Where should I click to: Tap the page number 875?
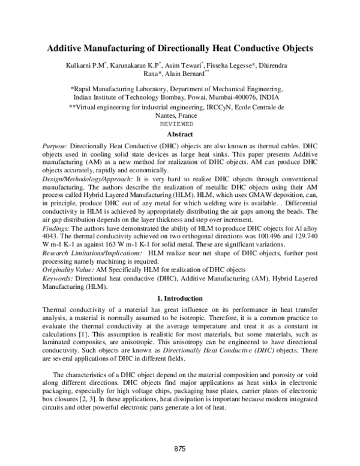tap(180, 449)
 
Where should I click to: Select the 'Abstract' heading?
tap(179, 135)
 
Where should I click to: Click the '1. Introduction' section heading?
tap(179, 298)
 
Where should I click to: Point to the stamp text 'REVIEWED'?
tap(179, 124)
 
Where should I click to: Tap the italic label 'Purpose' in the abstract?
tap(54, 147)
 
